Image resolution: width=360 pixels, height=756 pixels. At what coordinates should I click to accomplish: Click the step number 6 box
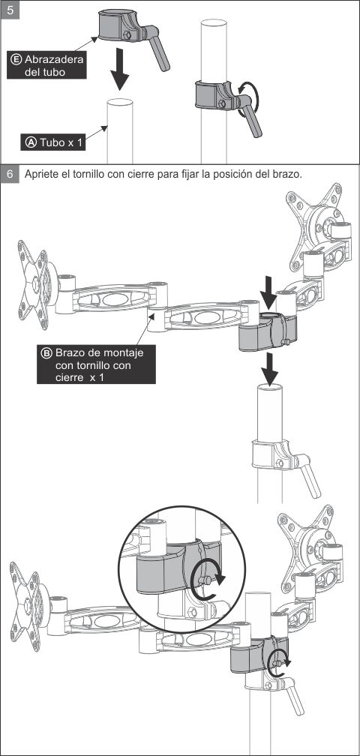coord(10,174)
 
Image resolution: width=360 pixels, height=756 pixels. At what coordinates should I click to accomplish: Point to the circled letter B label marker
coord(46,353)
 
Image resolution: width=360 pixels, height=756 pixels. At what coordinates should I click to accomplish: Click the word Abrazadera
coord(54,59)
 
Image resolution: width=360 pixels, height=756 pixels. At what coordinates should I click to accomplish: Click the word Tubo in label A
coord(51,142)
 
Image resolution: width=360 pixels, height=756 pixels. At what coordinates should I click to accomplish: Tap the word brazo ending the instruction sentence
coord(287,174)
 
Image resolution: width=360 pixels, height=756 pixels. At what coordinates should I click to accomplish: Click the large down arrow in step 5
coord(119,67)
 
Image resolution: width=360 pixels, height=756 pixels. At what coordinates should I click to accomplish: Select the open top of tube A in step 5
coord(120,102)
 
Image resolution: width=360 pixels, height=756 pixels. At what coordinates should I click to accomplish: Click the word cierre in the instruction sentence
coord(140,174)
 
